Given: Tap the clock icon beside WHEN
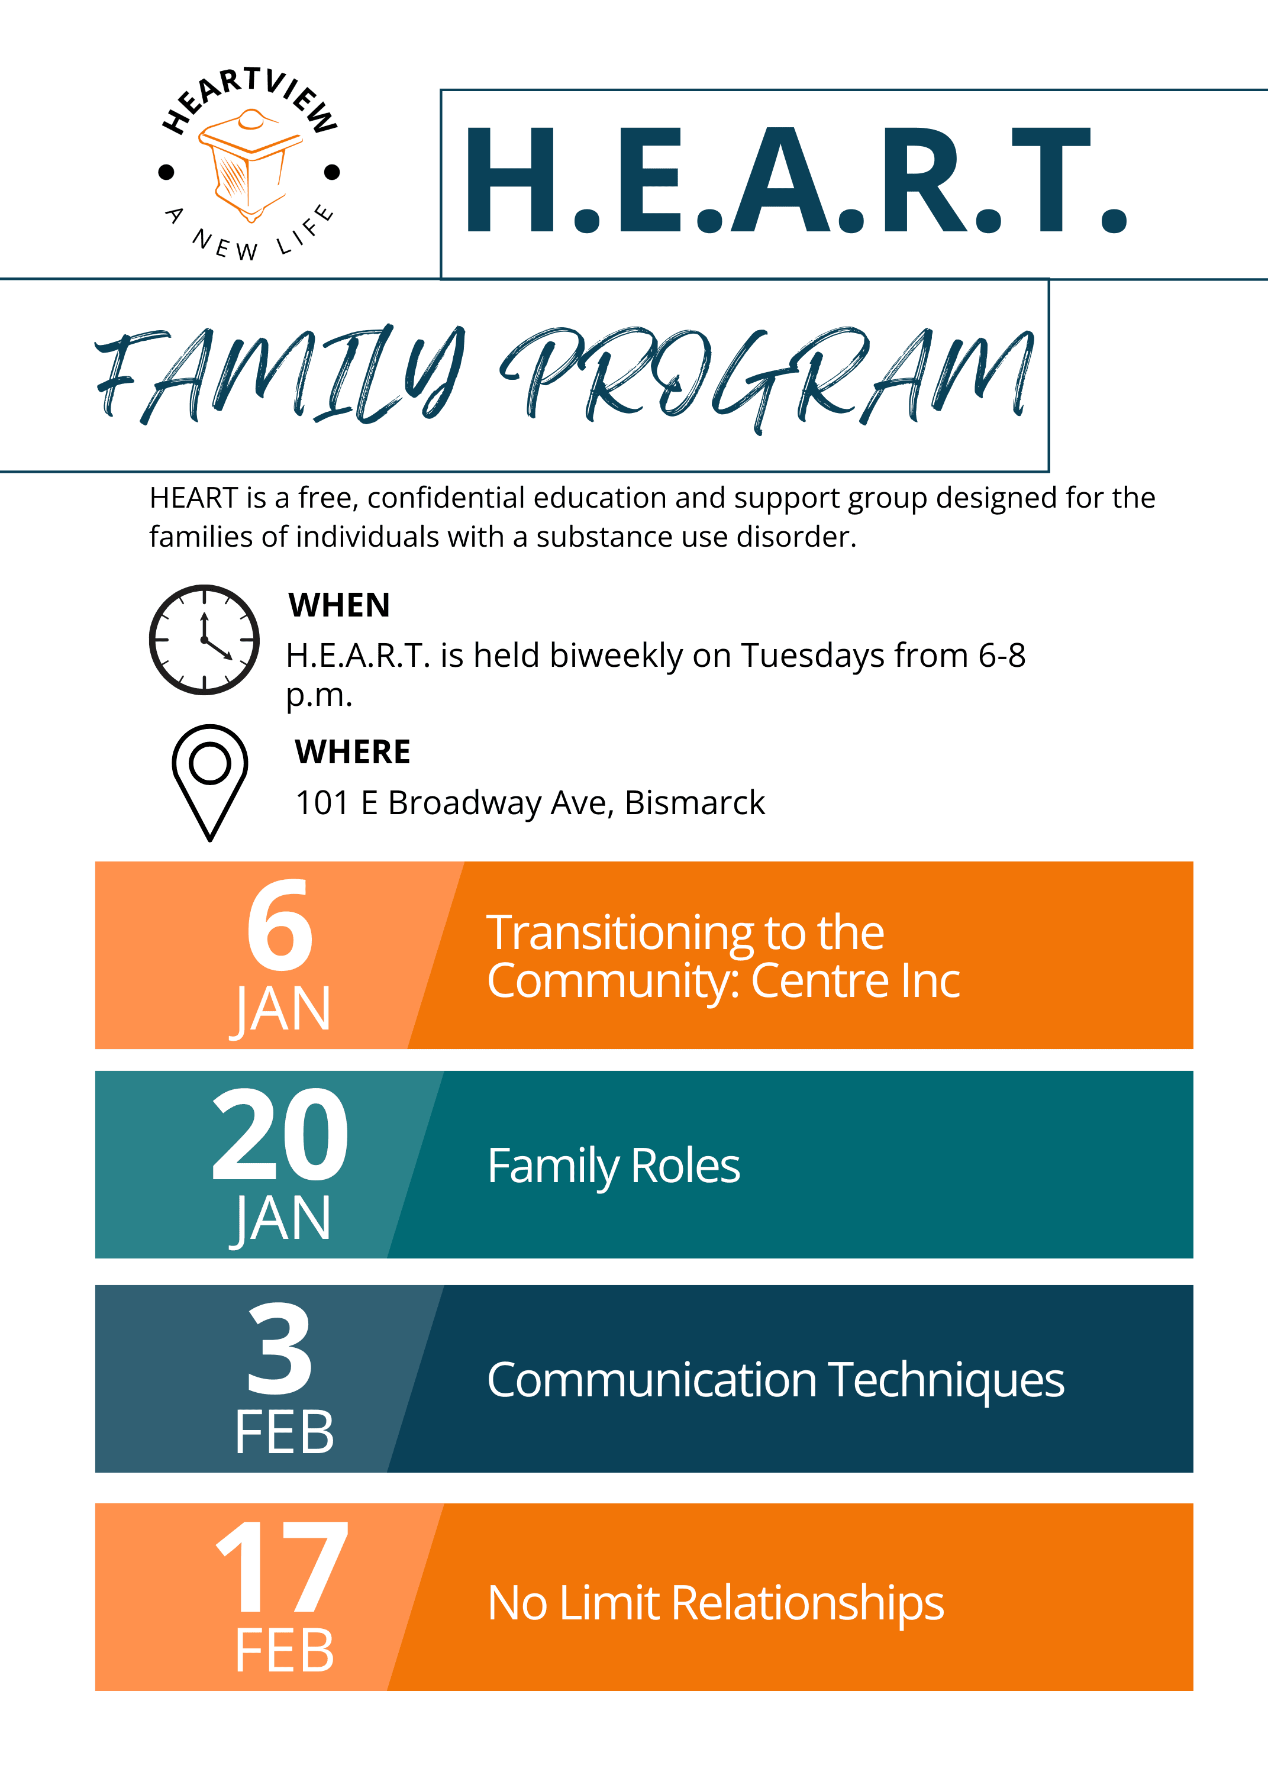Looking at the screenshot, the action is [x=205, y=639].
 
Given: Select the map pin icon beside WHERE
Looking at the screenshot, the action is [x=210, y=783].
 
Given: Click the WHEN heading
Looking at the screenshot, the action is [x=339, y=605].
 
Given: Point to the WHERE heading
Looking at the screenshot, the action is [x=353, y=751].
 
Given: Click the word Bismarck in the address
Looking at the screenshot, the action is [x=695, y=802].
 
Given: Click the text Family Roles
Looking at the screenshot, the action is [x=614, y=1166].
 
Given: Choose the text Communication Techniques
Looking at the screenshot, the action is [x=775, y=1380].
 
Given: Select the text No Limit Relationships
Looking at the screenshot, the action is [x=716, y=1602].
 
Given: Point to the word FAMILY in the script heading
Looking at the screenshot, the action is [x=281, y=374].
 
